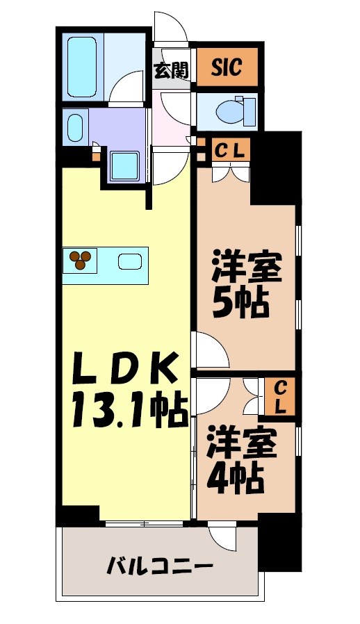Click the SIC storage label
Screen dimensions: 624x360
click(x=227, y=67)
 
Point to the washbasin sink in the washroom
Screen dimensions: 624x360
click(x=74, y=127)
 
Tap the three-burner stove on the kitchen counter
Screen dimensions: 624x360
click(x=81, y=261)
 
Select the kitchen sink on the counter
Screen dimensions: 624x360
click(x=130, y=262)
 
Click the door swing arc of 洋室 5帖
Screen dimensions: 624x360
click(x=212, y=351)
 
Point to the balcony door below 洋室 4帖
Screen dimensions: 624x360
click(x=224, y=536)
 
